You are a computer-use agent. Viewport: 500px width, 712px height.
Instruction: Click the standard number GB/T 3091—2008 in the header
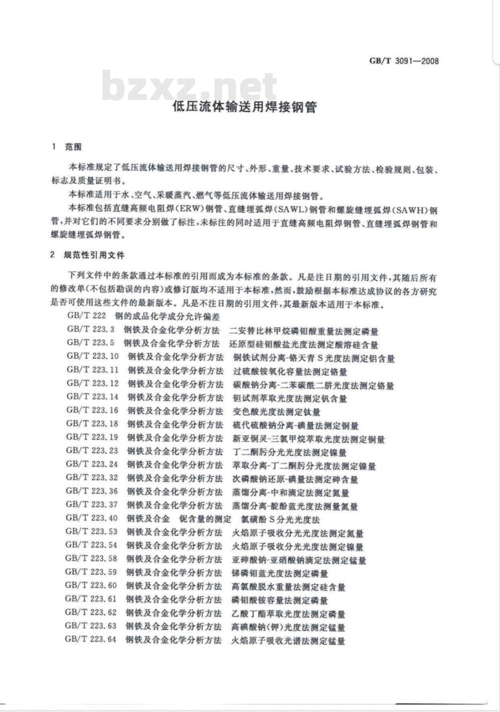coord(404,61)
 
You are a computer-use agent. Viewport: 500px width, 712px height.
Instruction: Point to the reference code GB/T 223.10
coord(92,357)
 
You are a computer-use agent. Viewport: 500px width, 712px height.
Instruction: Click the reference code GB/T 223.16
coord(92,411)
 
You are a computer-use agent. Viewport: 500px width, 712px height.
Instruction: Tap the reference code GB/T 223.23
coord(92,452)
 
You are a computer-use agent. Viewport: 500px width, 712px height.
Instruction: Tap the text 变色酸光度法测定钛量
coord(276,412)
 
